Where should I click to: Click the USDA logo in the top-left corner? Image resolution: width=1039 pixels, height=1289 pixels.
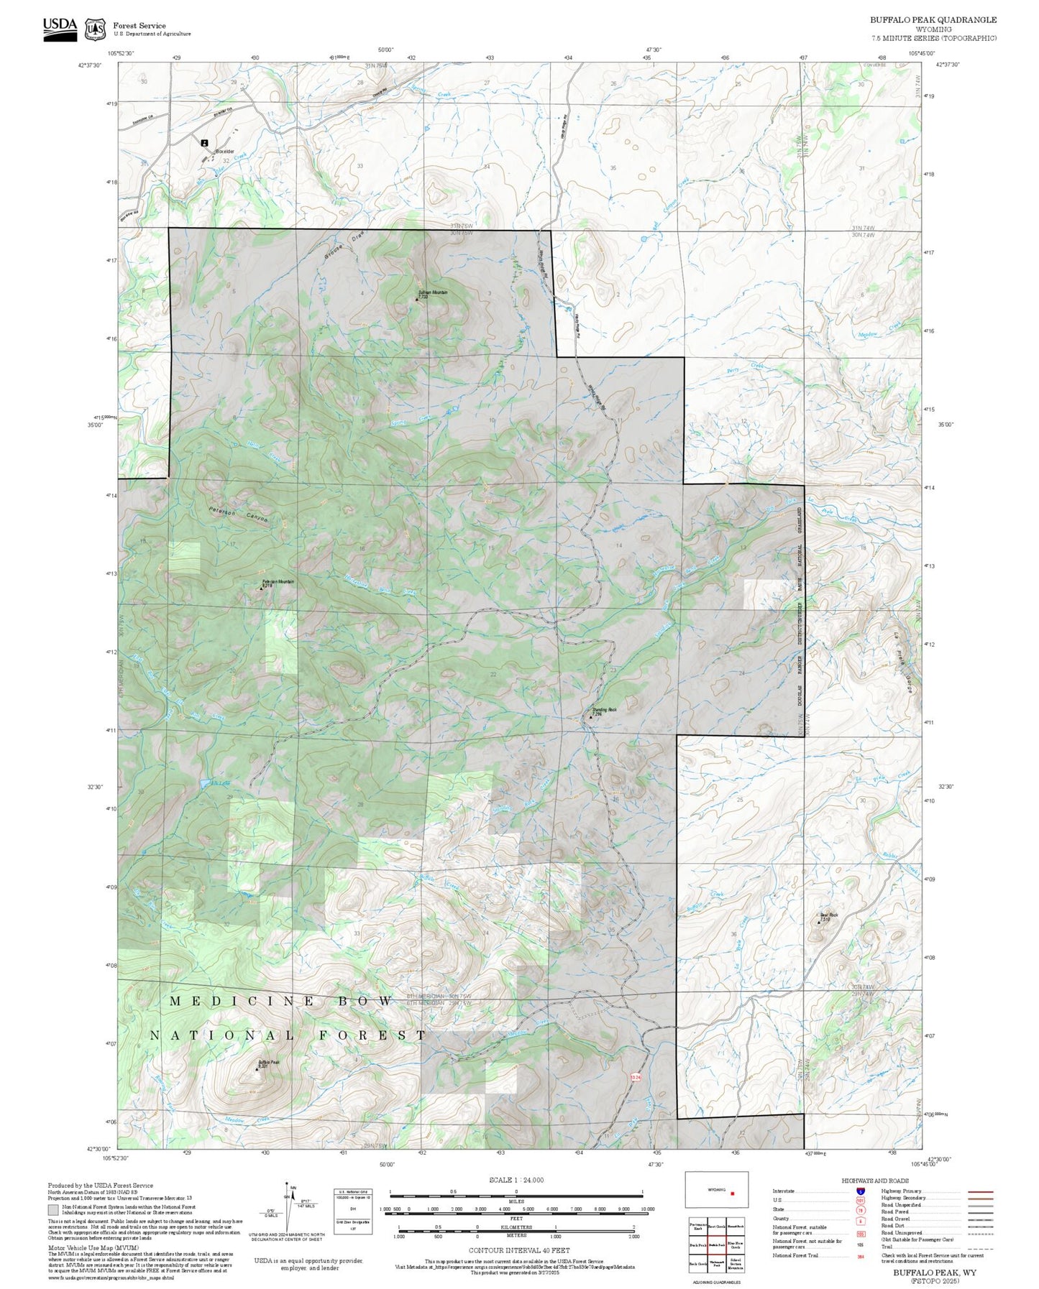(x=60, y=29)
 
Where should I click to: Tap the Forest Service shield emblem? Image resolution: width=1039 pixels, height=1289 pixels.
(x=95, y=29)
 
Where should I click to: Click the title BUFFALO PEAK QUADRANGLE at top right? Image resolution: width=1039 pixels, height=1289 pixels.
(x=933, y=20)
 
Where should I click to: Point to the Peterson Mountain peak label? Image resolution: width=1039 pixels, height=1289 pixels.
(x=278, y=583)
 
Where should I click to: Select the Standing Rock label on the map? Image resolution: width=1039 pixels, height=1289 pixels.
(x=604, y=711)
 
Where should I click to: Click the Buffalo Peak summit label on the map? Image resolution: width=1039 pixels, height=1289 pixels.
(x=268, y=1063)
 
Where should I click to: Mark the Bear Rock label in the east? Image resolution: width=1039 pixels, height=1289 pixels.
(x=828, y=915)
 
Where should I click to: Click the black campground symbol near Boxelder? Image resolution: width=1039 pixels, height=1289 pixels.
(x=205, y=143)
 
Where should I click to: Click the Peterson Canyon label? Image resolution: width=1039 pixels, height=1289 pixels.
(x=238, y=514)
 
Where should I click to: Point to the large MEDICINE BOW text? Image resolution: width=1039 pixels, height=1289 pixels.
(x=281, y=1001)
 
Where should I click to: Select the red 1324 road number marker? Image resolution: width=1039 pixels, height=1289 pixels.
(x=634, y=1076)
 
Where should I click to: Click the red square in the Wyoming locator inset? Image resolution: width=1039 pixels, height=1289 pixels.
(x=732, y=1193)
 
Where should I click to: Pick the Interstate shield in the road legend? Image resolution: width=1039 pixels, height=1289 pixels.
(x=860, y=1191)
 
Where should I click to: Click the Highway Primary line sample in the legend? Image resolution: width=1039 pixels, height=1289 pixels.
(x=980, y=1191)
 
